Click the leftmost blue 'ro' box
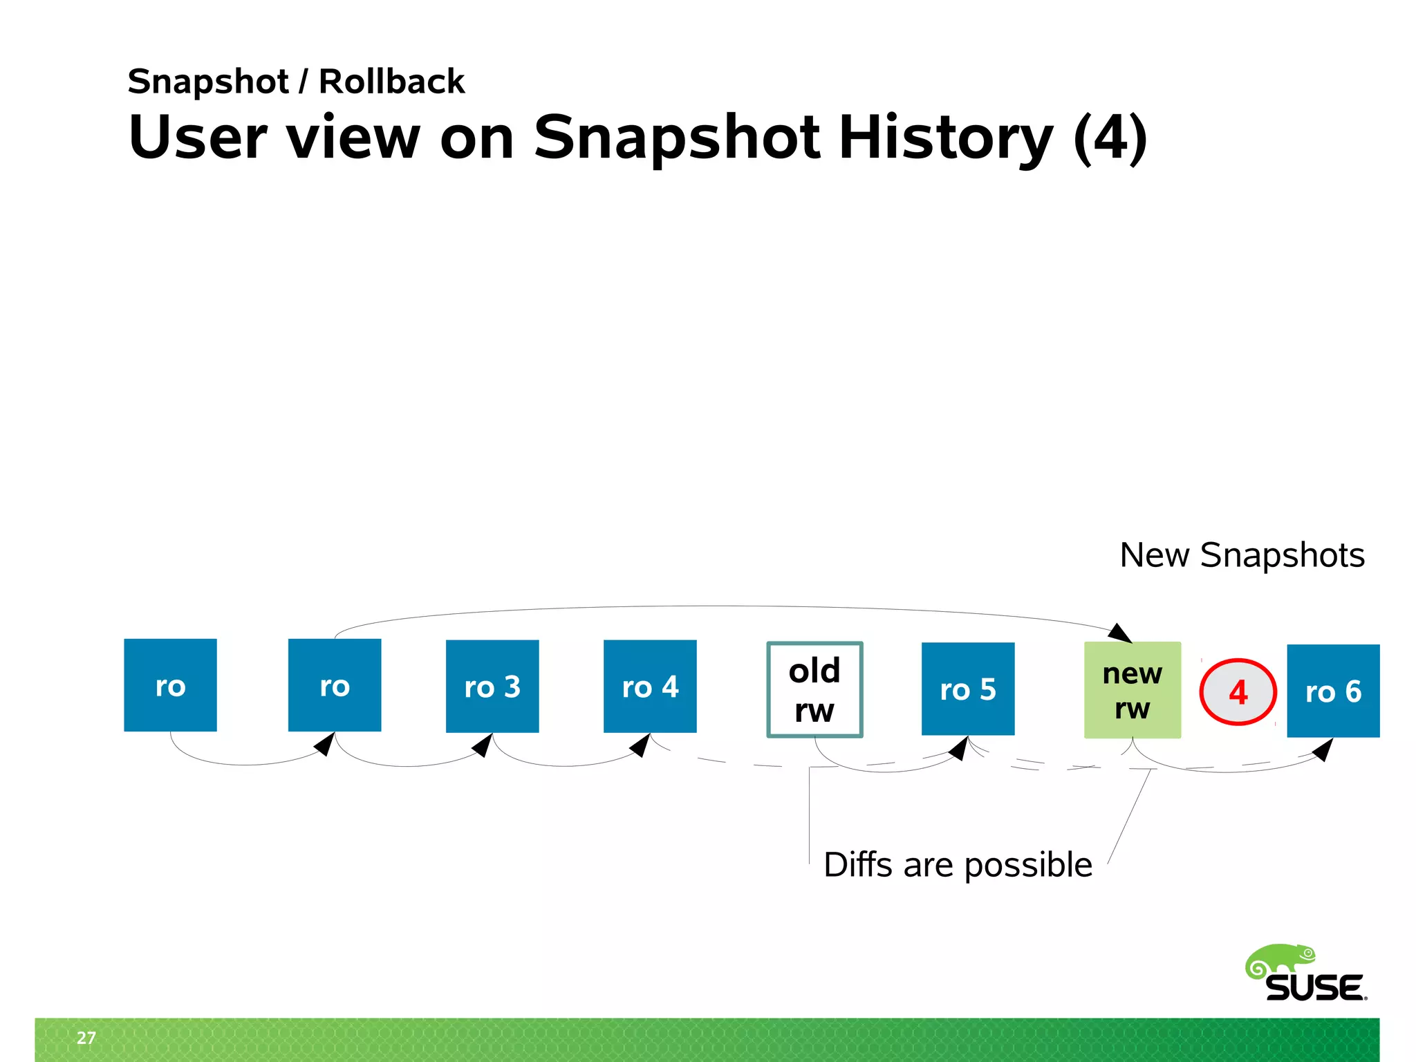(x=170, y=684)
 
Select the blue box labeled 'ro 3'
(x=492, y=686)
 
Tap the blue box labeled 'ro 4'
(x=650, y=686)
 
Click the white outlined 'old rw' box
(x=814, y=689)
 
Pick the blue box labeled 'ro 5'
(x=968, y=689)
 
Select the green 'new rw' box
(x=1132, y=689)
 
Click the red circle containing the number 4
(x=1238, y=692)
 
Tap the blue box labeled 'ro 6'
(x=1332, y=691)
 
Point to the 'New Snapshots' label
(x=1242, y=555)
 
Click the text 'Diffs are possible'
(x=958, y=865)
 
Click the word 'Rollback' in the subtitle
(x=391, y=82)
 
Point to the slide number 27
(x=86, y=1037)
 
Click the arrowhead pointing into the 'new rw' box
(x=1121, y=633)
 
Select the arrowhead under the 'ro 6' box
(x=1323, y=749)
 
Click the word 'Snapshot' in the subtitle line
(x=207, y=82)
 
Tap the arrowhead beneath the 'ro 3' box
(x=483, y=745)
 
